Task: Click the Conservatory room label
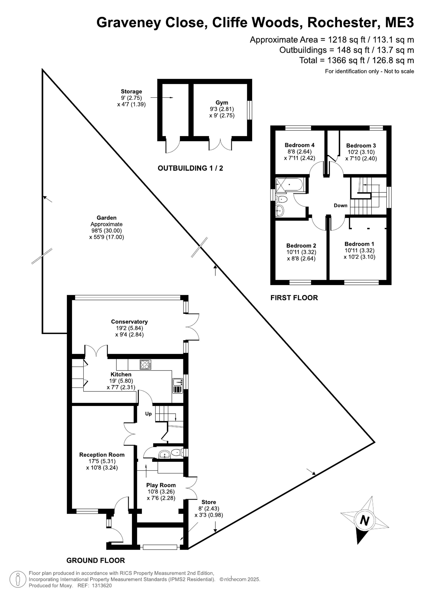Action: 129,322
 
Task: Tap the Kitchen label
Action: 121,374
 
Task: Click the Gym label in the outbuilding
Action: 222,103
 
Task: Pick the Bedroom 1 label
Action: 359,244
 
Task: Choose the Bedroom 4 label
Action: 300,145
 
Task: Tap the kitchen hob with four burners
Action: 146,365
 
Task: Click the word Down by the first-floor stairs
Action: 340,206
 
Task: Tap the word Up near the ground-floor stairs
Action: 148,414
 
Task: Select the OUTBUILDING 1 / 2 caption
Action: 190,168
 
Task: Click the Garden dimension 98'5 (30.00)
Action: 106,231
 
